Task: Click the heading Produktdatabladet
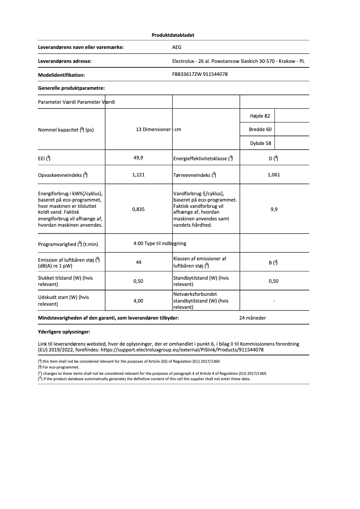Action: (x=173, y=35)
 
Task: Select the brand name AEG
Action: (x=177, y=47)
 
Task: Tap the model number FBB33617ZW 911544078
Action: (x=200, y=75)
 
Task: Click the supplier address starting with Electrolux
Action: (x=238, y=61)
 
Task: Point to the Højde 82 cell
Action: (x=259, y=116)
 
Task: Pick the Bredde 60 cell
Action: (x=260, y=130)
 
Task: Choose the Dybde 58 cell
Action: (x=260, y=144)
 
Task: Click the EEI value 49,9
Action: (x=138, y=158)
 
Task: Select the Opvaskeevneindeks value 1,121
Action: (x=138, y=175)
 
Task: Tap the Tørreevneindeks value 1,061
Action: (x=273, y=175)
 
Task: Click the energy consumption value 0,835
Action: (x=138, y=209)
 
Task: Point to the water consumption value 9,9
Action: (x=274, y=209)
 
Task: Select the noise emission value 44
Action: (x=139, y=262)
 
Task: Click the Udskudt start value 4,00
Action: (x=138, y=301)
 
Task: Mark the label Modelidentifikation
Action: (x=61, y=75)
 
